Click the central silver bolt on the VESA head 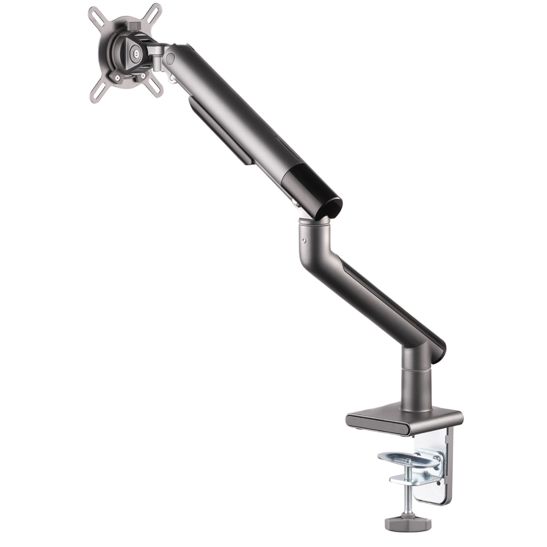coord(135,53)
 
